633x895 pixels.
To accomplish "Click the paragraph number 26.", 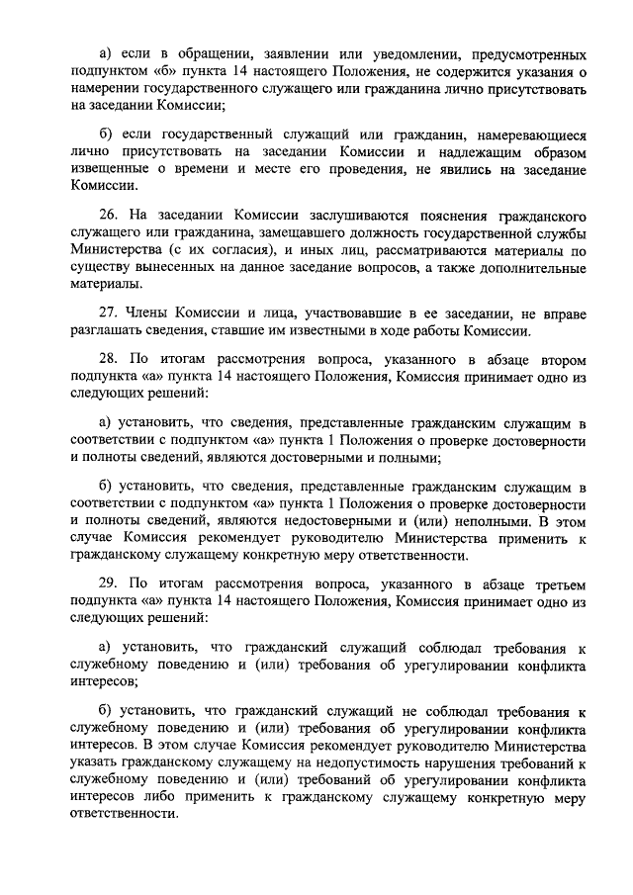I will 111,215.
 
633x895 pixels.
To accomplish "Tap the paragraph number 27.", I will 111,313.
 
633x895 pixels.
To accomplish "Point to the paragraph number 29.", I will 111,584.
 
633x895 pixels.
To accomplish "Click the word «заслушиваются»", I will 325,215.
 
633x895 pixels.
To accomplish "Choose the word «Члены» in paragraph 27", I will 153,313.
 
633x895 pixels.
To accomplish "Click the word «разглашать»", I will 113,330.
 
